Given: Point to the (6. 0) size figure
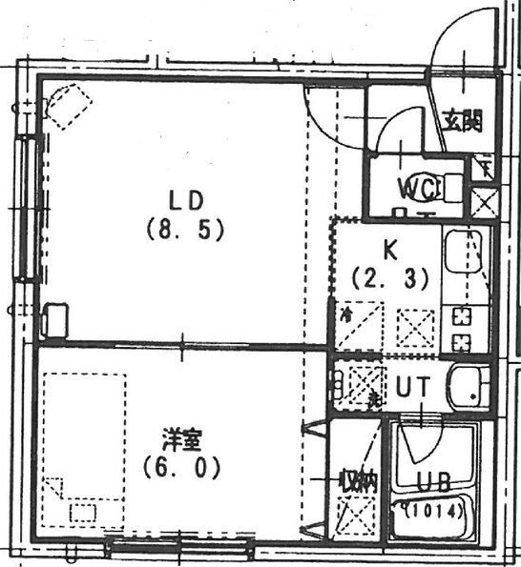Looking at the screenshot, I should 182,468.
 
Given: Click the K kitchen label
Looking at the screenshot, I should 389,251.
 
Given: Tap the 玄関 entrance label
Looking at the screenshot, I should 462,121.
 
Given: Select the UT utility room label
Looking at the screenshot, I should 411,386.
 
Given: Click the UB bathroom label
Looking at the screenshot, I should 433,481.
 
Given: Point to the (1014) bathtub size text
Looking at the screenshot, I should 435,511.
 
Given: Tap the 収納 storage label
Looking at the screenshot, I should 359,481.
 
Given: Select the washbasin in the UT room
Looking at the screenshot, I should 469,387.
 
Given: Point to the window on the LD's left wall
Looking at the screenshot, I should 26,209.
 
